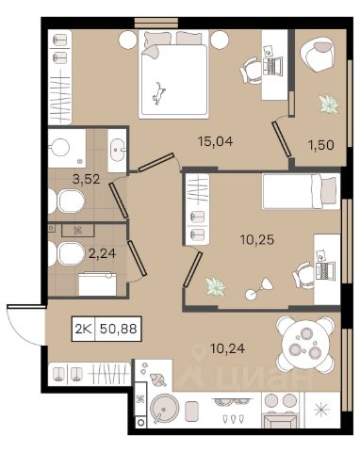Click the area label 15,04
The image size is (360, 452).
click(x=216, y=141)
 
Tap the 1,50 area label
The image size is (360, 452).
click(x=321, y=145)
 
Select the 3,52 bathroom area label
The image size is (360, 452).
click(x=86, y=179)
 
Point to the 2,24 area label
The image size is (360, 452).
click(x=103, y=253)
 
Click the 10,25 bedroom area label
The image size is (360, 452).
click(x=257, y=240)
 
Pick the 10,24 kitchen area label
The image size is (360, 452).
click(x=228, y=348)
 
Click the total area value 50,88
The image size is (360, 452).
click(x=119, y=329)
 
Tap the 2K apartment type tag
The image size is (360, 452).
click(x=83, y=329)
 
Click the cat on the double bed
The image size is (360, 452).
click(x=158, y=93)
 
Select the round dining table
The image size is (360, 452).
click(x=305, y=345)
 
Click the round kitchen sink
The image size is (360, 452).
click(x=164, y=409)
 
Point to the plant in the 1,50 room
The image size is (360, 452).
click(x=329, y=104)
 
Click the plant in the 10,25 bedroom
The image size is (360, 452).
click(x=216, y=286)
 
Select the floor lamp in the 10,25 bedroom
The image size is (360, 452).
click(x=259, y=289)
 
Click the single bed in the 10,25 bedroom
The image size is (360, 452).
click(x=301, y=191)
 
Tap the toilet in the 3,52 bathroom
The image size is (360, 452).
click(x=69, y=201)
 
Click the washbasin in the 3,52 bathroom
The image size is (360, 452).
click(x=118, y=150)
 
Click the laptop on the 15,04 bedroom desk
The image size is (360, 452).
click(x=273, y=66)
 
